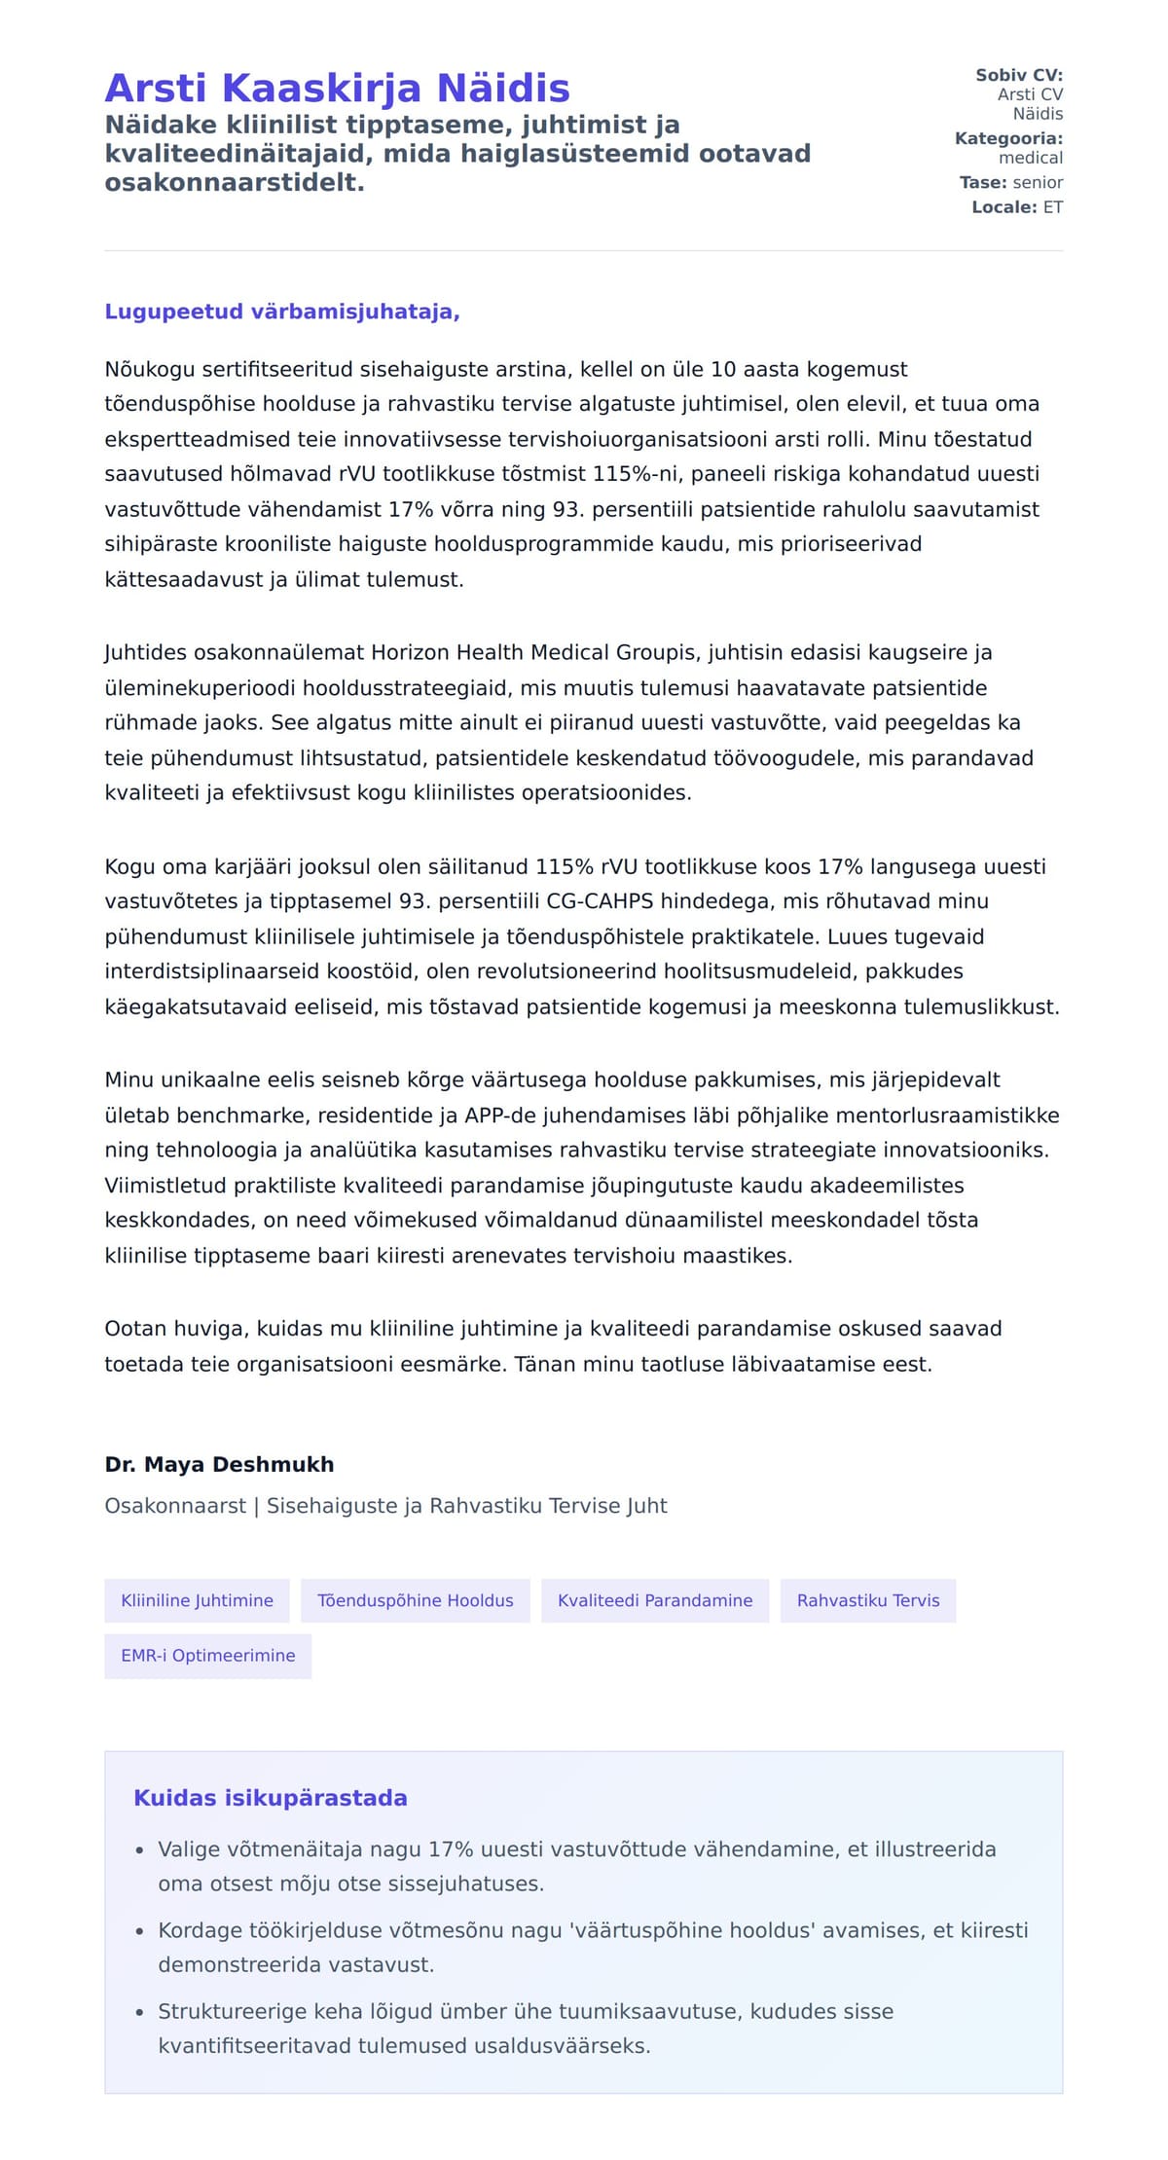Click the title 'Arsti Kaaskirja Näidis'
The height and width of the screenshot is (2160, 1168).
tap(337, 88)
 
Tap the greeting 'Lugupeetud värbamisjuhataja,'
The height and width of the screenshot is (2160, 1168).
tap(282, 311)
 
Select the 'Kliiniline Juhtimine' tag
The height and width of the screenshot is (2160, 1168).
tap(197, 1600)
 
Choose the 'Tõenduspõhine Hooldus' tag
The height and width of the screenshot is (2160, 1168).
tap(416, 1600)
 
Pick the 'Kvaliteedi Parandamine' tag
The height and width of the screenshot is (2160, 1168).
tap(655, 1600)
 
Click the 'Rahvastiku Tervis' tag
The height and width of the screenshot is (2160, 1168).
tap(868, 1600)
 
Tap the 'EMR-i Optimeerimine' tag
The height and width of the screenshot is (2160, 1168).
tap(208, 1655)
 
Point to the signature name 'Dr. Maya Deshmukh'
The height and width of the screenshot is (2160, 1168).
tap(219, 1464)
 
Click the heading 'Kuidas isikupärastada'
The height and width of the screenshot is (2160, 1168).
tap(271, 1798)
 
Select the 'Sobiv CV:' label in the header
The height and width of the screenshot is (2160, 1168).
tap(1019, 75)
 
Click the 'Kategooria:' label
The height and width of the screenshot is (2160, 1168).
tap(1008, 138)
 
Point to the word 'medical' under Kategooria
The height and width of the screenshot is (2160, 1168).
tap(1031, 158)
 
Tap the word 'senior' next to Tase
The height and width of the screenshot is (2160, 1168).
tap(1038, 182)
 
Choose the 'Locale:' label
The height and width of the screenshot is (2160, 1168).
tap(1004, 207)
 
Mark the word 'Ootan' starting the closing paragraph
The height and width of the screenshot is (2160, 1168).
tap(135, 1329)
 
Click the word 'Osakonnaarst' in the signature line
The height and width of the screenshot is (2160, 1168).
tap(175, 1506)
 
